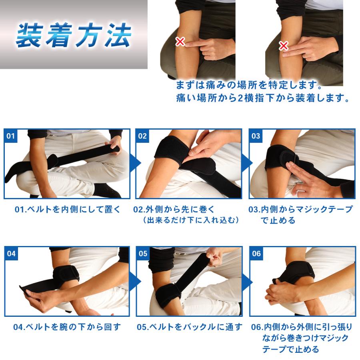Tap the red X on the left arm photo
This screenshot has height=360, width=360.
click(180, 41)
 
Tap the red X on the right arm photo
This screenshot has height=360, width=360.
click(283, 46)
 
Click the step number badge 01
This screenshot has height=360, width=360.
click(11, 136)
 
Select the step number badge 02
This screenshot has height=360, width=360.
click(142, 136)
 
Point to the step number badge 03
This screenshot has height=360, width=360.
click(256, 136)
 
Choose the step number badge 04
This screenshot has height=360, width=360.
click(11, 254)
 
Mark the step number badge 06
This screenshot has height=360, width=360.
click(256, 254)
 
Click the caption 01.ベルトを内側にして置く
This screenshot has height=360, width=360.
click(67, 209)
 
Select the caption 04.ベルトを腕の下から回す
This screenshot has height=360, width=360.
click(67, 327)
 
